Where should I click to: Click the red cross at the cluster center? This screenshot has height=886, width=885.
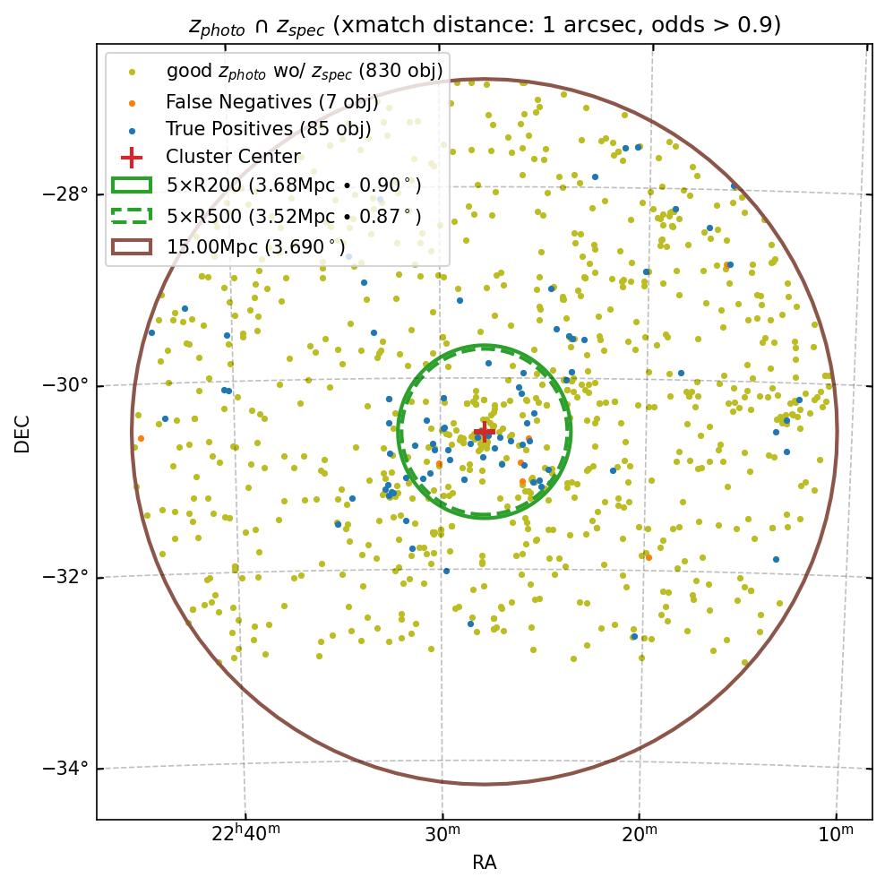(x=484, y=432)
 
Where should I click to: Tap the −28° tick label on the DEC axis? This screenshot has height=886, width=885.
(x=65, y=194)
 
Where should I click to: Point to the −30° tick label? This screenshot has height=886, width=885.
(x=65, y=386)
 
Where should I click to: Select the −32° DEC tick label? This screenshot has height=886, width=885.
(x=65, y=577)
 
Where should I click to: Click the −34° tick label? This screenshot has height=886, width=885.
(x=65, y=769)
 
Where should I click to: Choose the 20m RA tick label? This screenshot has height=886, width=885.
(x=639, y=836)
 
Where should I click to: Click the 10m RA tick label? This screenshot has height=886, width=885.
(x=836, y=836)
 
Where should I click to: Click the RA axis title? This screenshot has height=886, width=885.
(x=484, y=863)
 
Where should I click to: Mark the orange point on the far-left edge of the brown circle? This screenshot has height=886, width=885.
(x=141, y=438)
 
